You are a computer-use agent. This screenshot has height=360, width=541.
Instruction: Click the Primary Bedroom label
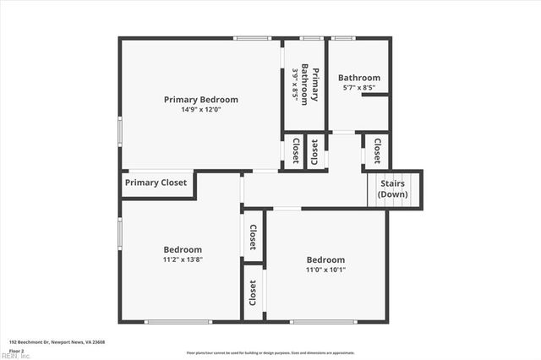(200, 100)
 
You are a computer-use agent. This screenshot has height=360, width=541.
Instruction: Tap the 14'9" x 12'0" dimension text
(200, 110)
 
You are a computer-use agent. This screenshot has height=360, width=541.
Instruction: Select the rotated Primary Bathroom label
(314, 84)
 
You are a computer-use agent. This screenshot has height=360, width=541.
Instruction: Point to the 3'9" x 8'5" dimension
(296, 84)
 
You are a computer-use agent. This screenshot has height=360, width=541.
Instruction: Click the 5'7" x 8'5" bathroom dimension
(359, 88)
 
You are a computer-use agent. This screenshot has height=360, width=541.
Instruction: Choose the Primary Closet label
(156, 183)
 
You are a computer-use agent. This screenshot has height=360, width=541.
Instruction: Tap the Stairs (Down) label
(392, 188)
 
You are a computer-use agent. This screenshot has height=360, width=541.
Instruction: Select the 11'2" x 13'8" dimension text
(183, 259)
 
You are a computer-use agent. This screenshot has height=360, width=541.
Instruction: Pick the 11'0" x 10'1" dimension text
(325, 270)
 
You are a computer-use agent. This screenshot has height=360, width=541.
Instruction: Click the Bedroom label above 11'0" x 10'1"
(325, 259)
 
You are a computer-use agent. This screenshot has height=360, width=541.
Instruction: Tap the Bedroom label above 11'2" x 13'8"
(183, 249)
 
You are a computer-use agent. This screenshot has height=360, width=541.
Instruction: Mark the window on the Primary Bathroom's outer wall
(311, 38)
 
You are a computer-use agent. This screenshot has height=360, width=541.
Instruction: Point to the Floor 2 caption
(17, 350)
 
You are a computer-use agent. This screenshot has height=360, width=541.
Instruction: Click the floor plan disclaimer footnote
(270, 352)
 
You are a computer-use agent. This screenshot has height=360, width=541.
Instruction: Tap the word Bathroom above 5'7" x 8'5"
(359, 78)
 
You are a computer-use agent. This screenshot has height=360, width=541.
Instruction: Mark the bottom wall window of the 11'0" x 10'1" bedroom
(323, 321)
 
